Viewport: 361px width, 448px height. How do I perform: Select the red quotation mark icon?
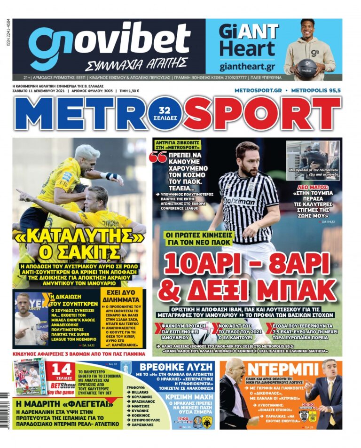[160, 157]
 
